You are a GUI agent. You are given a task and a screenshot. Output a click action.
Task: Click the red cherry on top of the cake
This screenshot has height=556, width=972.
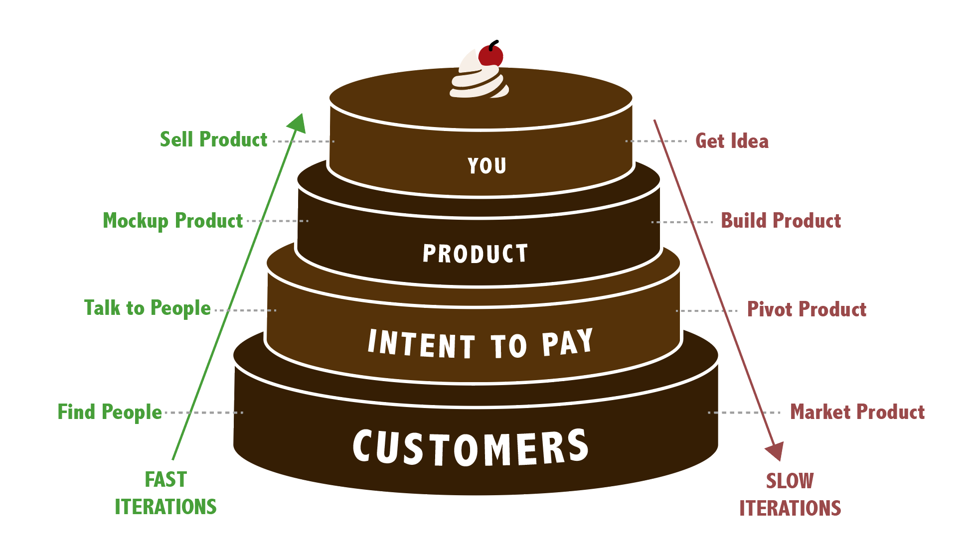(490, 56)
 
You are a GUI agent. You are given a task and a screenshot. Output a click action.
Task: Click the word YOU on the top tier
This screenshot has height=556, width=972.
(487, 166)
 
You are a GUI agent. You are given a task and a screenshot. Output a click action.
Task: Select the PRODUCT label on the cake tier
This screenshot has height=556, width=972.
(475, 254)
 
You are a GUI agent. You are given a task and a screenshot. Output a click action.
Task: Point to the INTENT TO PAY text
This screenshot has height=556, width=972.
(480, 344)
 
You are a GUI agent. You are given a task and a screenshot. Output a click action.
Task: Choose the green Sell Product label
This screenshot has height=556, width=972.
(213, 140)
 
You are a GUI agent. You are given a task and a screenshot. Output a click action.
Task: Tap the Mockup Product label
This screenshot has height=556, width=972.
(172, 221)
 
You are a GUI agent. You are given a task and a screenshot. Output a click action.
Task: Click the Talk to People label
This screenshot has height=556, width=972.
(147, 308)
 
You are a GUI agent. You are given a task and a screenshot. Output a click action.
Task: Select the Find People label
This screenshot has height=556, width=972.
(110, 412)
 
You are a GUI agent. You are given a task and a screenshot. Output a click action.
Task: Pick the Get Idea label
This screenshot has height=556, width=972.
(732, 141)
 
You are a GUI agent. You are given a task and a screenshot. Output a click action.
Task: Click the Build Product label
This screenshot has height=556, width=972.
(781, 221)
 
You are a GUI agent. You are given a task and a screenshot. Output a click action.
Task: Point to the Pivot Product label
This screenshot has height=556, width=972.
(807, 309)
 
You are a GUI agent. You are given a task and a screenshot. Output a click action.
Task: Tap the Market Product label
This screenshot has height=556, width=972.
(857, 412)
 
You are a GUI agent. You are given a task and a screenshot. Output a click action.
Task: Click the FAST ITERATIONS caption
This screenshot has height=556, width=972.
(165, 493)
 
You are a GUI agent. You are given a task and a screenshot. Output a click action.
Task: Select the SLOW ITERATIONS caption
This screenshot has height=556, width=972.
(790, 495)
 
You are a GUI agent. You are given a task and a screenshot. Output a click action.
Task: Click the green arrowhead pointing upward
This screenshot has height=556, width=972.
(298, 123)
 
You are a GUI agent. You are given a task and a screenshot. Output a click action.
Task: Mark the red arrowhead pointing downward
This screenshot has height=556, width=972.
(775, 451)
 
